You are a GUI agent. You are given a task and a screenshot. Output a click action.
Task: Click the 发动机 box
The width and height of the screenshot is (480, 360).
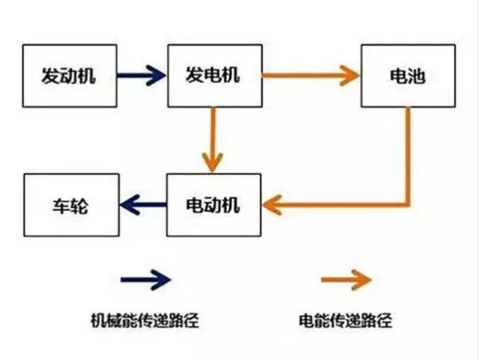(70, 75)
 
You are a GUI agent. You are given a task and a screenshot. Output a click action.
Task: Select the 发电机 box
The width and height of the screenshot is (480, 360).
(214, 75)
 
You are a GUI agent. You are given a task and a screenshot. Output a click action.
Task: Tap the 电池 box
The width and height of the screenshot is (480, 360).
(409, 75)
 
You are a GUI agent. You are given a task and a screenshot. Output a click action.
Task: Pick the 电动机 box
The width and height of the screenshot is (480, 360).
(214, 204)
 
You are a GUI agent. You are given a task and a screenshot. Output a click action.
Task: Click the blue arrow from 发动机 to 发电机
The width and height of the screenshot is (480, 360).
(142, 75)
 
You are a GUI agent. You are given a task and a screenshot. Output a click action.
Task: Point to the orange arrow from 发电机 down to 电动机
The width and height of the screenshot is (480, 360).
(214, 138)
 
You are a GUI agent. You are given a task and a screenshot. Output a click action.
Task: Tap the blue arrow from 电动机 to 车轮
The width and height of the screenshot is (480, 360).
(142, 204)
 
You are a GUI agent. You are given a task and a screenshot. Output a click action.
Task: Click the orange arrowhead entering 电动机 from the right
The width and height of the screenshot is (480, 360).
(273, 204)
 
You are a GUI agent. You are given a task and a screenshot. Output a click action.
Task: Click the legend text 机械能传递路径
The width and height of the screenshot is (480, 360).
(145, 322)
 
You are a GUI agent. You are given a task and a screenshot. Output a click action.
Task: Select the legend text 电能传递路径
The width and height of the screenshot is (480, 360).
(344, 322)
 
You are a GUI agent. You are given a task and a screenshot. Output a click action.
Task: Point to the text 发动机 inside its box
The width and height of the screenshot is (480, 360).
(69, 76)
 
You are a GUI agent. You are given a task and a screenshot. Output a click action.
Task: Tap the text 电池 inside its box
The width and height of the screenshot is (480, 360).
(409, 76)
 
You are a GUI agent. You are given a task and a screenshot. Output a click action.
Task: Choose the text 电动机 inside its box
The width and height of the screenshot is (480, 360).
(213, 204)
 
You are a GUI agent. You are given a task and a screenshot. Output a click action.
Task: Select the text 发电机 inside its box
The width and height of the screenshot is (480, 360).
(213, 76)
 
